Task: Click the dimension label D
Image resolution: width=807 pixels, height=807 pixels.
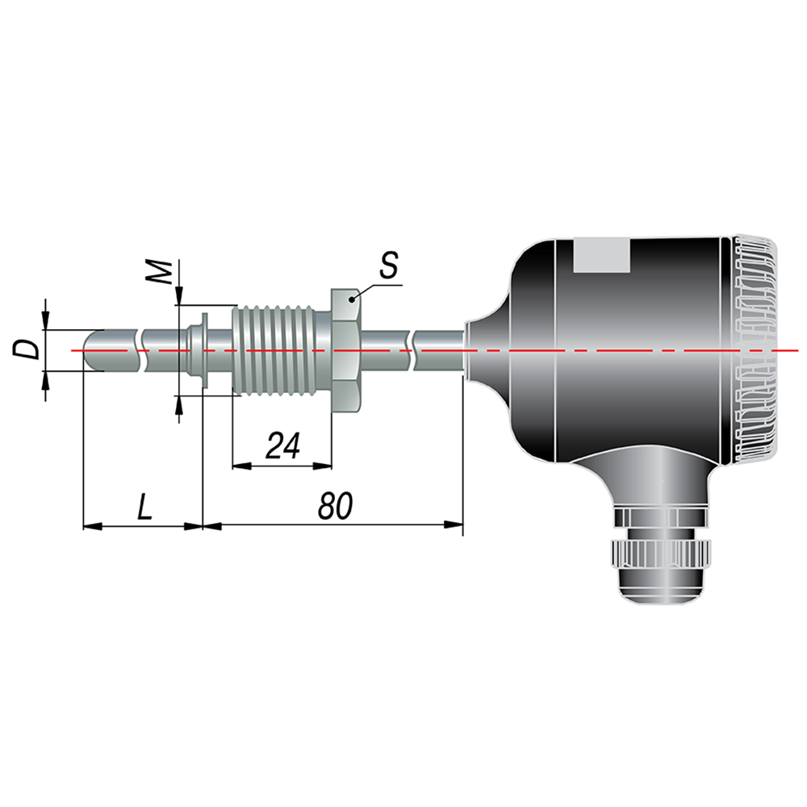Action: coord(27,349)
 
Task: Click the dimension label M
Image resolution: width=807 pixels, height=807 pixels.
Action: coord(159,272)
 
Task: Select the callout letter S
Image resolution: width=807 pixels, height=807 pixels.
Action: coord(389,265)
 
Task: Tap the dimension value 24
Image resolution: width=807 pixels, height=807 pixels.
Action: coord(282,445)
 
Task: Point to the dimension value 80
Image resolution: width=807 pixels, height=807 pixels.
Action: coord(335,505)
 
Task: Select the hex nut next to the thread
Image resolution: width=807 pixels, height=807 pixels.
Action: coord(347,350)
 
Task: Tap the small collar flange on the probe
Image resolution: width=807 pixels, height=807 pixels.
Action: coord(204,350)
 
